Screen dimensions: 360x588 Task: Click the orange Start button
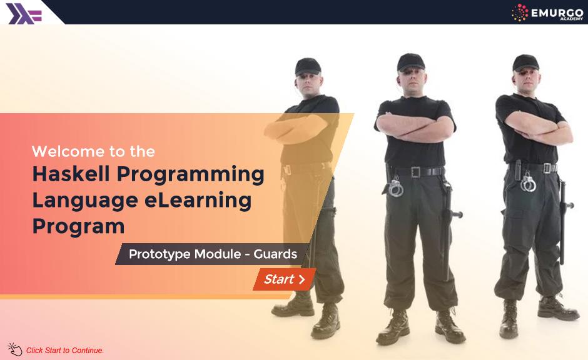point(285,279)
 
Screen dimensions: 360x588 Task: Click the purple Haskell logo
point(24,12)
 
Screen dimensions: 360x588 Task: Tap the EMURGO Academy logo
point(546,12)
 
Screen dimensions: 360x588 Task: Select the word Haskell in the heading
point(71,174)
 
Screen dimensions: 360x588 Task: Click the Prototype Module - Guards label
point(213,254)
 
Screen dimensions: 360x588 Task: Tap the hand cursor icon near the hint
point(14,349)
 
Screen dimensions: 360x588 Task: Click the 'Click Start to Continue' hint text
point(65,351)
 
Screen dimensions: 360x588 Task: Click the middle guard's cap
point(410,61)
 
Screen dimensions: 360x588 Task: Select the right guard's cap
point(524,62)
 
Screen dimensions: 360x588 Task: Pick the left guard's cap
point(308,66)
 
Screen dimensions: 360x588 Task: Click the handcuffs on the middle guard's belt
point(395,187)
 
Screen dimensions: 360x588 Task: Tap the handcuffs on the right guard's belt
point(528,182)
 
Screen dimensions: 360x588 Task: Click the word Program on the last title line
point(78,226)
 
